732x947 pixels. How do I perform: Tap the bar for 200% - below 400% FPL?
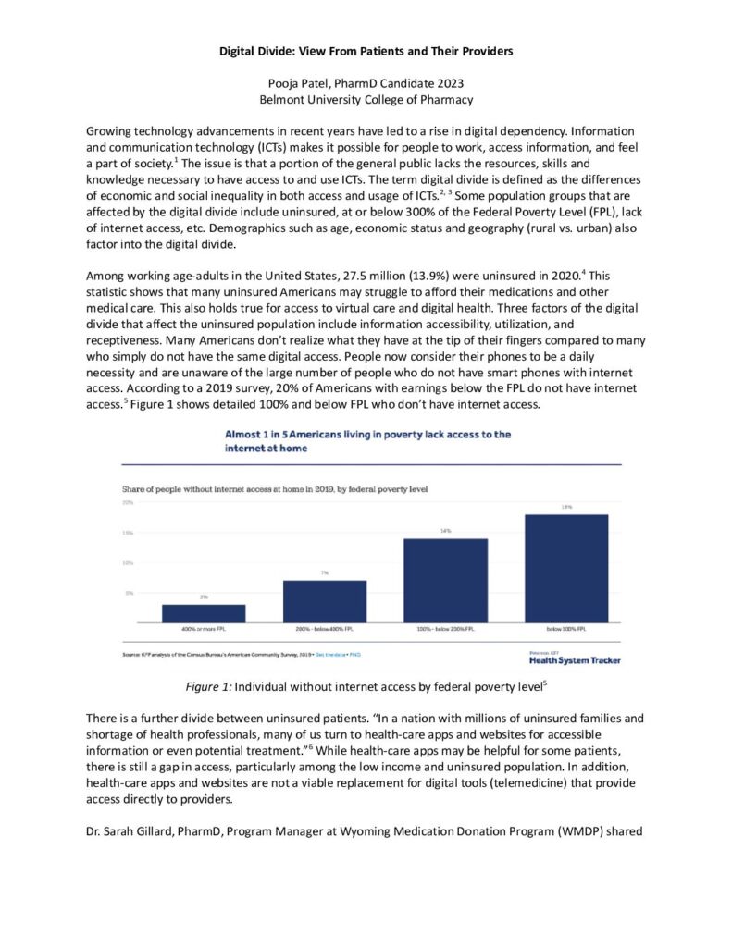tap(325, 600)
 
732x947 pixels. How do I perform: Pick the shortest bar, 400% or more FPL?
tap(204, 612)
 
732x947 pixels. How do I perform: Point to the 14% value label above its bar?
tap(445, 530)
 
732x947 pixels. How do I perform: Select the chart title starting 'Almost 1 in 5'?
tap(367, 439)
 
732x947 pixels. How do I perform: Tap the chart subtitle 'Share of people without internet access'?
tap(275, 486)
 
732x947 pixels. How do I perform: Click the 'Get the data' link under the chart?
tap(331, 654)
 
